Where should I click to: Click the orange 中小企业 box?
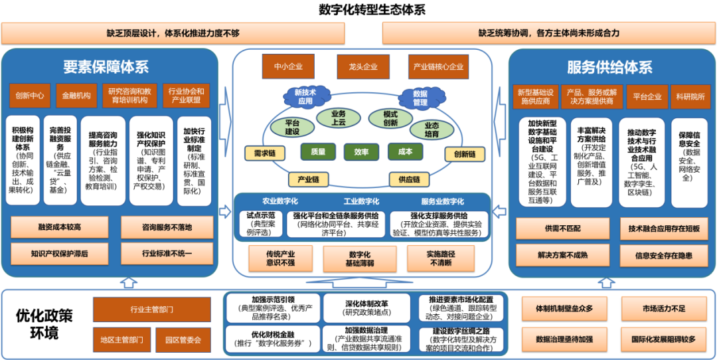[x=287, y=66]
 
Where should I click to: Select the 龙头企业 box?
[x=362, y=66]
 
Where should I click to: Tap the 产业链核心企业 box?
[x=438, y=66]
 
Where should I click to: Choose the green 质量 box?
[x=318, y=151]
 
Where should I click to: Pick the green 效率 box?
[x=361, y=151]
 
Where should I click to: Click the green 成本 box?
[x=405, y=151]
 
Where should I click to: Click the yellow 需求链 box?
[x=264, y=153]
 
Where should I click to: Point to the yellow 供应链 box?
[x=409, y=179]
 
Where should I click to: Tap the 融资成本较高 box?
[x=60, y=227]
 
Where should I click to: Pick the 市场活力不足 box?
[x=663, y=309]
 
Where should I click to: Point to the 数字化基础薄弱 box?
[x=359, y=258]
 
